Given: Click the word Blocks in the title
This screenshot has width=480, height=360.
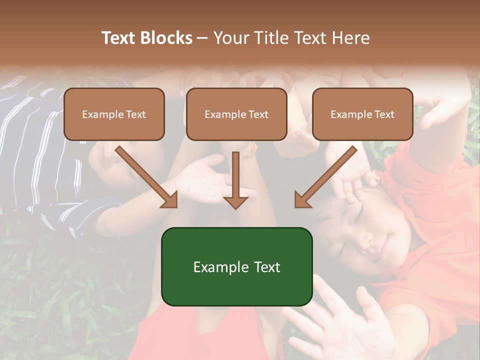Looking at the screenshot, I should click(x=167, y=38).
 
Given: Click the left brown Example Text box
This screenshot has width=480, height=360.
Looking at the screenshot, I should click(x=114, y=114).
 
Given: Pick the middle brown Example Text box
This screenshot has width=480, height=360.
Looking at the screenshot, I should click(x=236, y=114).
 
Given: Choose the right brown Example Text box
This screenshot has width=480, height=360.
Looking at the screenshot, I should click(x=362, y=114).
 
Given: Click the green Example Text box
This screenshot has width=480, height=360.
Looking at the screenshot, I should click(x=236, y=266).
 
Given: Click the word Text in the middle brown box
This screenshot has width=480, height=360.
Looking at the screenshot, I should click(x=258, y=114).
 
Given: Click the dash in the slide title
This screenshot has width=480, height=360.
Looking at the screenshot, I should click(x=202, y=38).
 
